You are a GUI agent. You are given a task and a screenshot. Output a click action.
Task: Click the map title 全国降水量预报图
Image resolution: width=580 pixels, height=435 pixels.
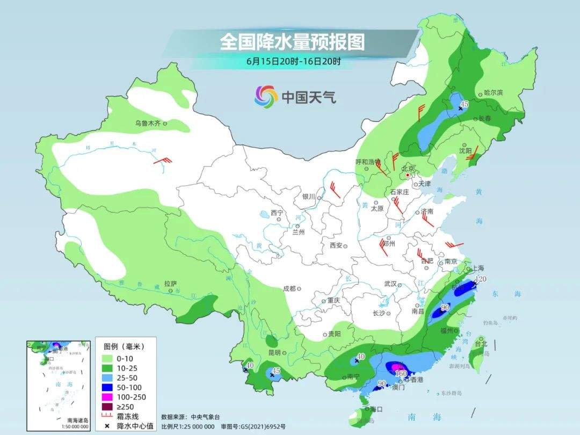pos(292,41)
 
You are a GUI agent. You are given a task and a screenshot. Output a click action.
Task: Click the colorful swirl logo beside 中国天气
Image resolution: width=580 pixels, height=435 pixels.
pos(266,97)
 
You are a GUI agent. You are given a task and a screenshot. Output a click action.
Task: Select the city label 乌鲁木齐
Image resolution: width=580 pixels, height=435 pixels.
pos(148,124)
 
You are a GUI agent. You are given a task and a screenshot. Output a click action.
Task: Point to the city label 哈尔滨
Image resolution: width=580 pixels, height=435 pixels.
pos(493,92)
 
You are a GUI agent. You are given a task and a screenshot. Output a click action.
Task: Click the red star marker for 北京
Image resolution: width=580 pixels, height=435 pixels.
pos(408,175)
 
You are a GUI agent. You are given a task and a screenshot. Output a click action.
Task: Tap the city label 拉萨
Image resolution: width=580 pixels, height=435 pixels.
pos(170,284)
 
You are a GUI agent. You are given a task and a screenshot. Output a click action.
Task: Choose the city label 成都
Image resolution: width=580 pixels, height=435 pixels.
pos(290,288)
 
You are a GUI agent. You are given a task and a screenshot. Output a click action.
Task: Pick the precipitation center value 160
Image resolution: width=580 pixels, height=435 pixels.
pos(401,373)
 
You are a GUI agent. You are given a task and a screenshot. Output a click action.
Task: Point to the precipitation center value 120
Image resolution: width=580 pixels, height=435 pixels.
pos(481,279)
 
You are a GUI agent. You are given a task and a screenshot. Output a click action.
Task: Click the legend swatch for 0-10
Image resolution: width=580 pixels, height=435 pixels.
pos(107,358)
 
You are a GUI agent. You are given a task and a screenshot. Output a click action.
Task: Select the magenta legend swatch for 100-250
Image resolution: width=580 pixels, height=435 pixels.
pos(107,397)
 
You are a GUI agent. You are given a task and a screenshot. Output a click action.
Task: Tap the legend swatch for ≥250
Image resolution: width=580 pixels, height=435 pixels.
pos(107,407)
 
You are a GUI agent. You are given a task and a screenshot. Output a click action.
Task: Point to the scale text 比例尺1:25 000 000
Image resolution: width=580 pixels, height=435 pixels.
pos(188,426)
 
